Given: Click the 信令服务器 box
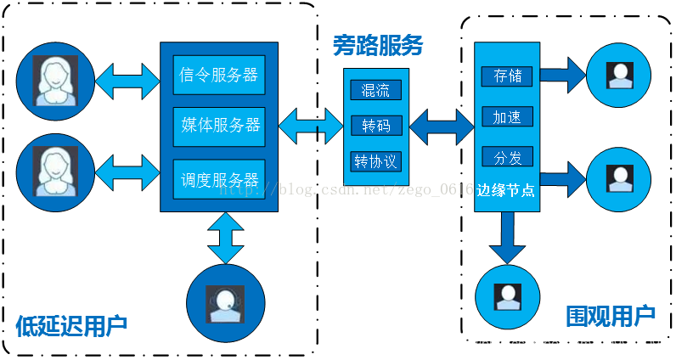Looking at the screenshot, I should [219, 75].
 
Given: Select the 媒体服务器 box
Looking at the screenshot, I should [219, 126].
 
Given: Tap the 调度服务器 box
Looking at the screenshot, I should [219, 179].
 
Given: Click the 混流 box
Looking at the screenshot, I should [375, 91].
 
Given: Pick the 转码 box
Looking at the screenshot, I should [375, 126].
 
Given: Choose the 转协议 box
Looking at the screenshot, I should [375, 160].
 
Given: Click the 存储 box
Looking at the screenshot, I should [508, 76].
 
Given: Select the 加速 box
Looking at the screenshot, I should [508, 116].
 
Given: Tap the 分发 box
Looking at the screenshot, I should [508, 156].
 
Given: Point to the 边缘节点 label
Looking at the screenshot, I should [506, 190].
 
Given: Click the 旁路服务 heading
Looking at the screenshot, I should [377, 45].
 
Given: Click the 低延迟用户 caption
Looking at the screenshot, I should [71, 324].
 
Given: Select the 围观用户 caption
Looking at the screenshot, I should [611, 317].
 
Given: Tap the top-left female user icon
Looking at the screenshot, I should [56, 81].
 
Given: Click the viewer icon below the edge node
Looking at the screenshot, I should [509, 296].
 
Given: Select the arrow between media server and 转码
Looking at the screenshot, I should [311, 127].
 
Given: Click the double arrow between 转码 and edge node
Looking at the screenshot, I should [442, 127].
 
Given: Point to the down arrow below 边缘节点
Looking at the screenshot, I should [507, 237].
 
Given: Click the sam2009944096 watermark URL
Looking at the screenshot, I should [555, 344].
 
